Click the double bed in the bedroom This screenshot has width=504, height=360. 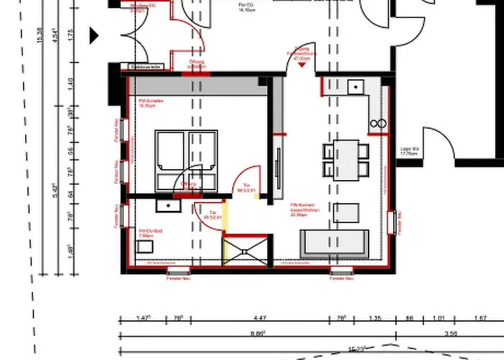point(186,160)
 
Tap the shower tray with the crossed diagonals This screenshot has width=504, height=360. point(245,253)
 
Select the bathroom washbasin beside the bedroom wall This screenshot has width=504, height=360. point(167,204)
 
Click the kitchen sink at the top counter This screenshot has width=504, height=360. point(356,88)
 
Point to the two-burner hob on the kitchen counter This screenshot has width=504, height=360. point(379,125)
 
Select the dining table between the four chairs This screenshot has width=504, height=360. point(346,160)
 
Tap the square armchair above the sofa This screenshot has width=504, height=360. point(347,212)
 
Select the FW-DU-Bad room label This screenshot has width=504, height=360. point(146,233)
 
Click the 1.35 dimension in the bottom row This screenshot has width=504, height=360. point(374,318)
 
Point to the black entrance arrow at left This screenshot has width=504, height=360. point(94,35)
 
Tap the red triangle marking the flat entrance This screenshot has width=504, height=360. point(302,64)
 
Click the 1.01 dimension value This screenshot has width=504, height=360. point(439,318)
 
